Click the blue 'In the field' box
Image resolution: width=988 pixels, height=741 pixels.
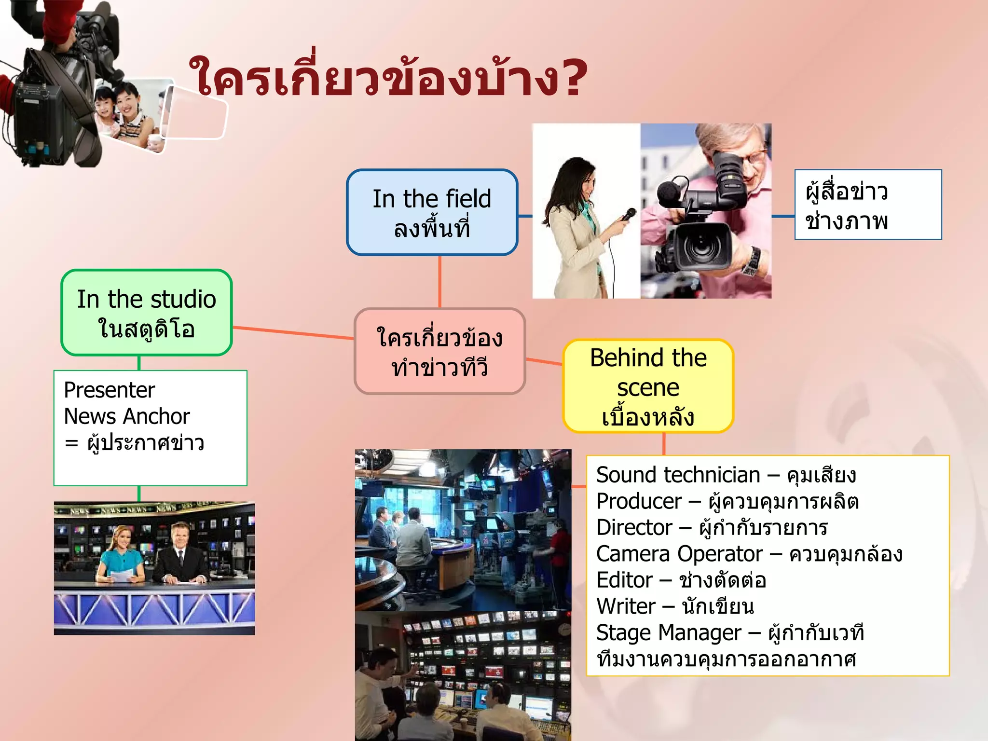pos(432,212)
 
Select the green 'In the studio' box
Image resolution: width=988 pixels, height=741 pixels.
pos(147,313)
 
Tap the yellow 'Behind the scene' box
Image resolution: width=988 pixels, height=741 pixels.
pos(648,386)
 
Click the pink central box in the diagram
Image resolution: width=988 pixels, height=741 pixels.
pos(439,351)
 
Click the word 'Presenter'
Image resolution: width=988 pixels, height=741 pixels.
pos(110,390)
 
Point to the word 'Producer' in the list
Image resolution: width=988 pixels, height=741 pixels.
pos(639,502)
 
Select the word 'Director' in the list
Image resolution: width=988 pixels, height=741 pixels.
pos(634,528)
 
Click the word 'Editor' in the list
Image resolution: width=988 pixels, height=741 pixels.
pos(624,580)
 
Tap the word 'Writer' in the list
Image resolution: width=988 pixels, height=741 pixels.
pos(626,606)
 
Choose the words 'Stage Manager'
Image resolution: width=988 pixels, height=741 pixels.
pos(669,633)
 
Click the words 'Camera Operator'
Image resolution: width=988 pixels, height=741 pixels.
pos(679,554)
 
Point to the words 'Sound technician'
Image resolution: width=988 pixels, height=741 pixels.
pos(678,475)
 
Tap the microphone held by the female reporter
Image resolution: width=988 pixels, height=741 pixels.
pos(629,214)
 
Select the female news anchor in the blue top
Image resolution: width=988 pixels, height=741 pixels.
pos(121,555)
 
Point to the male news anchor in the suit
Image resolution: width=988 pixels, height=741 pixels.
pos(180,555)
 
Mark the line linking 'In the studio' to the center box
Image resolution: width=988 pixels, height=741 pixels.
pos(293,333)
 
